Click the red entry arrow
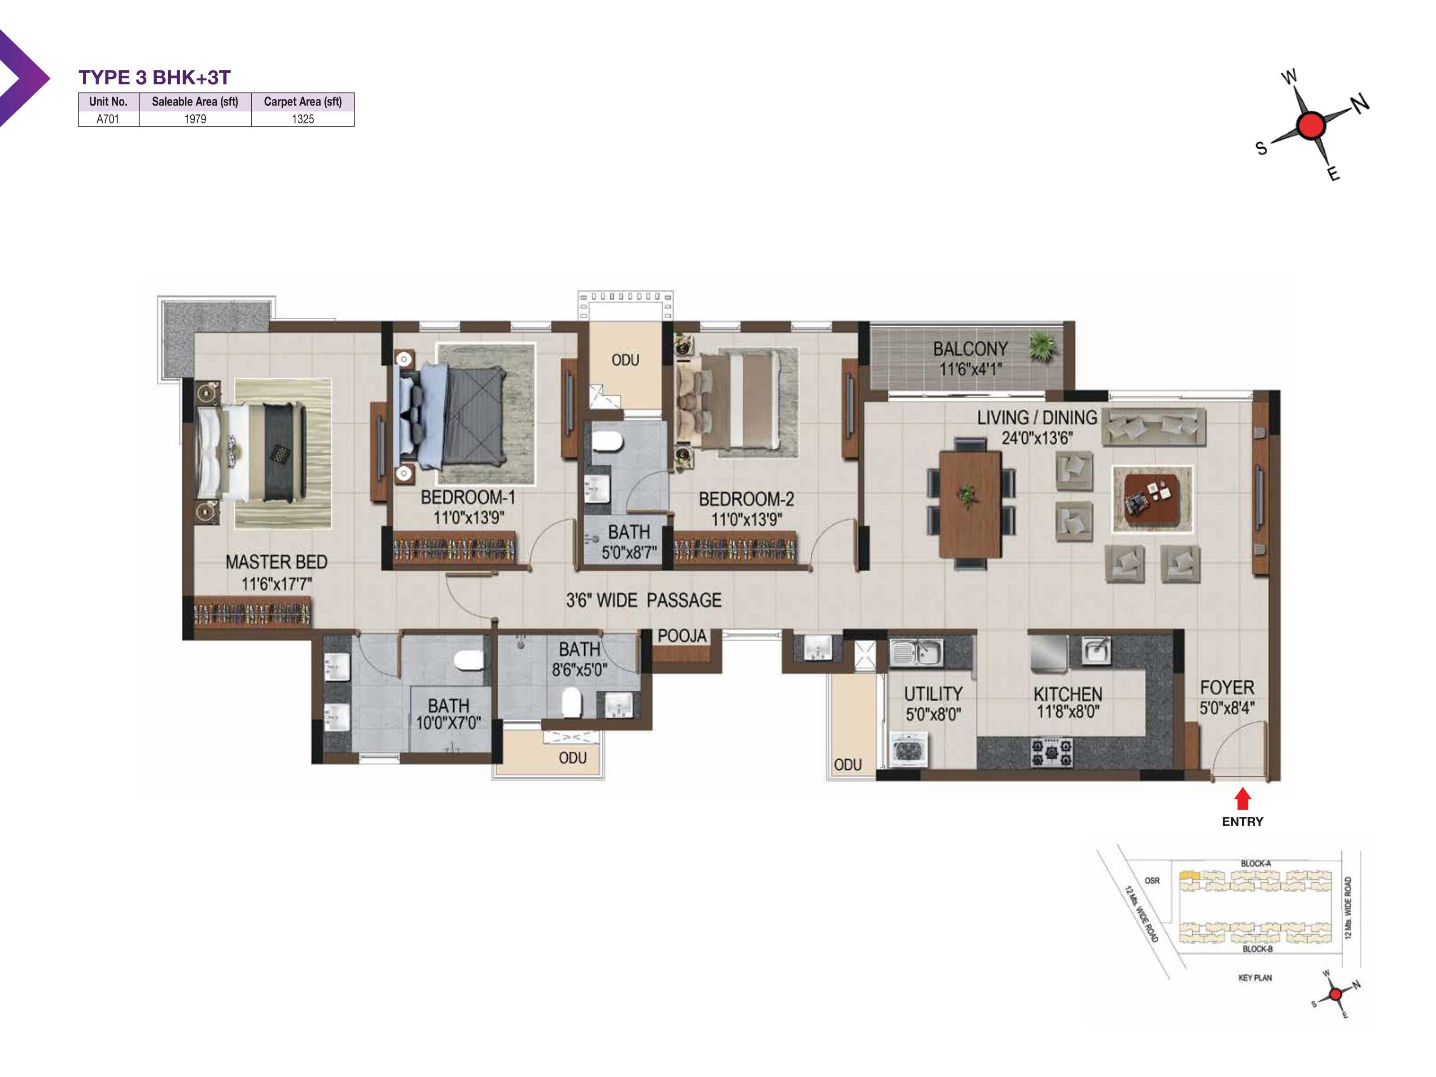(x=1242, y=798)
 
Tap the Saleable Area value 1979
(x=195, y=119)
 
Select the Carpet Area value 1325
(x=302, y=119)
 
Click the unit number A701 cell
(x=108, y=119)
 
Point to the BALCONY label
(x=970, y=349)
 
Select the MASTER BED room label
(x=276, y=562)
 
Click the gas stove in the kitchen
(x=1052, y=752)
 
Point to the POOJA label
(x=682, y=636)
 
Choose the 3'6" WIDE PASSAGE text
(x=644, y=600)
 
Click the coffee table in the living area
(x=1151, y=498)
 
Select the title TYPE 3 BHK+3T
(x=154, y=78)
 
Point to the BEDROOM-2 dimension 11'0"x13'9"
(x=747, y=519)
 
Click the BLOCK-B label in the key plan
(x=1257, y=949)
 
